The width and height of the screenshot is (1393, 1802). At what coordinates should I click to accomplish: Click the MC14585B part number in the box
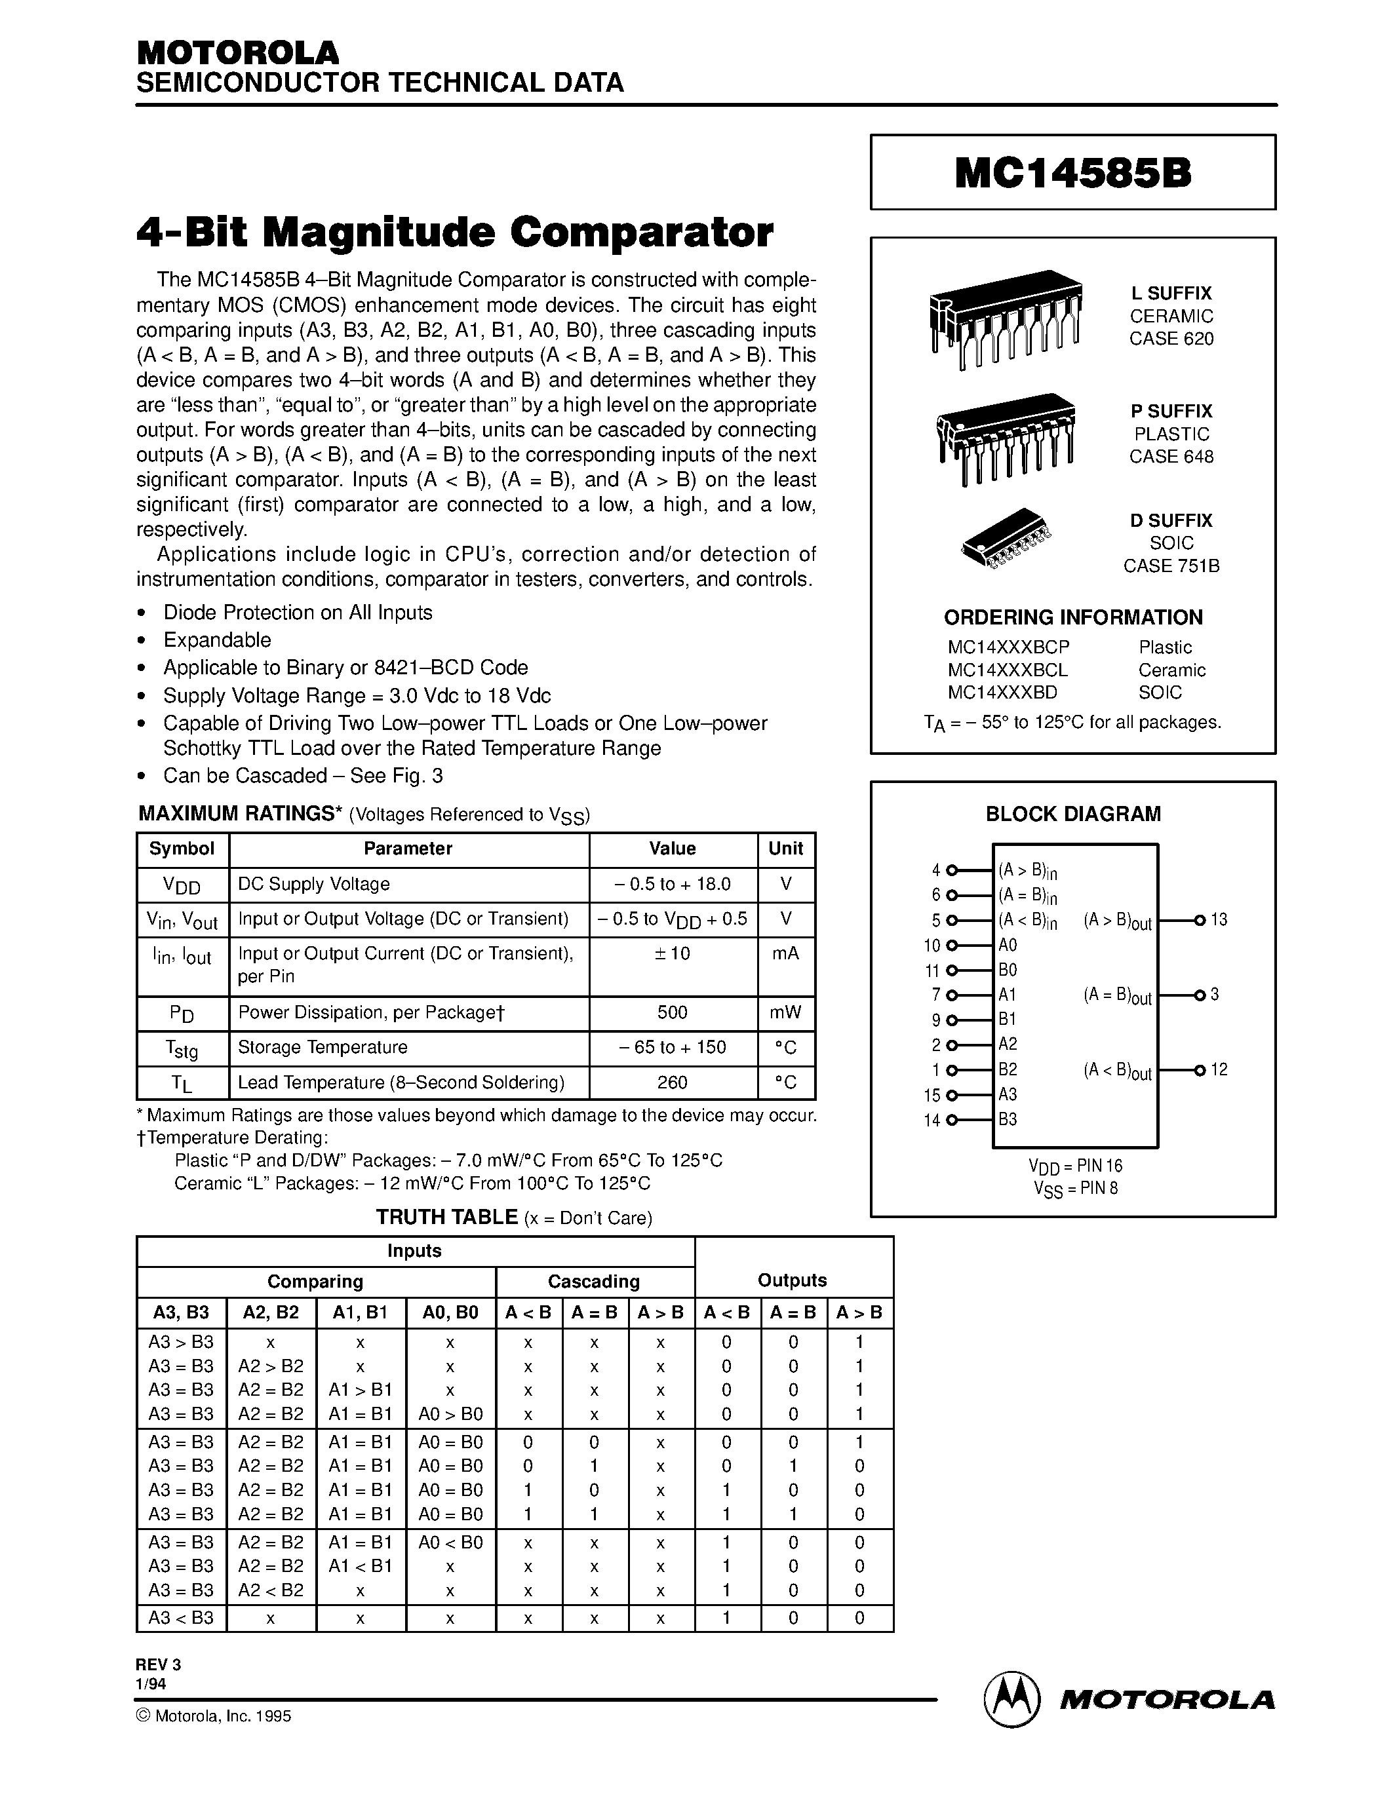coord(1073,173)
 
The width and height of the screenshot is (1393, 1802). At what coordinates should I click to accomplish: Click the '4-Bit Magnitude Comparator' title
coord(455,233)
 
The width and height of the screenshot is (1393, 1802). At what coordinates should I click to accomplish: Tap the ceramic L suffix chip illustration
coord(1004,318)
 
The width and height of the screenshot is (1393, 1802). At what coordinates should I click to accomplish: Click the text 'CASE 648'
coord(1171,456)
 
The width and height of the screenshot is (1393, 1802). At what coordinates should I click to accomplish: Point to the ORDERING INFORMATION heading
coord(1073,617)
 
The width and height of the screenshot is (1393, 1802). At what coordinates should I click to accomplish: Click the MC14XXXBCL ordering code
coord(1008,670)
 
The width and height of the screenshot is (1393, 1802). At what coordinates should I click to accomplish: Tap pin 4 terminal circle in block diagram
coord(951,870)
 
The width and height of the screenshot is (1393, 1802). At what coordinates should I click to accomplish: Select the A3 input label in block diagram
coord(1008,1094)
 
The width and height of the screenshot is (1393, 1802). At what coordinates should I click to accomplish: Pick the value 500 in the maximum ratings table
coord(673,1012)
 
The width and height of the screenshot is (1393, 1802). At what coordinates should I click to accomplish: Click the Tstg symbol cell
coord(182,1048)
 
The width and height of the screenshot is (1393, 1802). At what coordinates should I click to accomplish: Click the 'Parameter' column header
coord(408,849)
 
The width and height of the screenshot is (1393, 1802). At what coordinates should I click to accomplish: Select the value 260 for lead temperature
coord(673,1082)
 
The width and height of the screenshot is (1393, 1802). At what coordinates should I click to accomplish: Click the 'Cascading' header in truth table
coord(594,1281)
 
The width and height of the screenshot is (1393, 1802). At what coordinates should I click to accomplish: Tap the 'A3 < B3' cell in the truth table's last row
coord(181,1618)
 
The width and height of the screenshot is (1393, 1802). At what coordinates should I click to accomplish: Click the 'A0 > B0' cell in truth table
coord(450,1414)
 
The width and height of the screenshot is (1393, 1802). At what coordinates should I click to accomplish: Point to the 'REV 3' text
coord(157,1666)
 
